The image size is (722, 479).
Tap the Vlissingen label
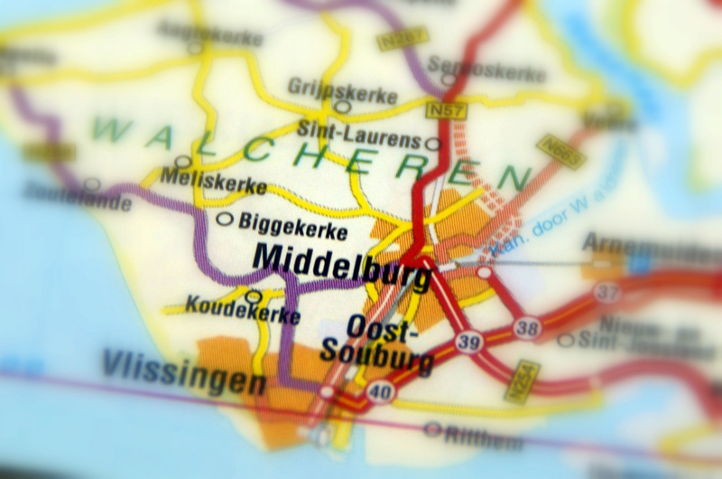click(183, 371)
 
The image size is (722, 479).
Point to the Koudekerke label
click(243, 313)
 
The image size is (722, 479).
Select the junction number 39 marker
click(467, 343)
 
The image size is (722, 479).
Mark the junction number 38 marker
click(526, 327)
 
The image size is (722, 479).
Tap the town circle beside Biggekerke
click(225, 219)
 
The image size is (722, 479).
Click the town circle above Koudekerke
click(254, 296)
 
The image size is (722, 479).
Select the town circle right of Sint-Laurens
click(433, 144)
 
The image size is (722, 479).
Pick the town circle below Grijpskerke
click(342, 107)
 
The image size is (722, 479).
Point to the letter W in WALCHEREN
click(110, 129)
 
